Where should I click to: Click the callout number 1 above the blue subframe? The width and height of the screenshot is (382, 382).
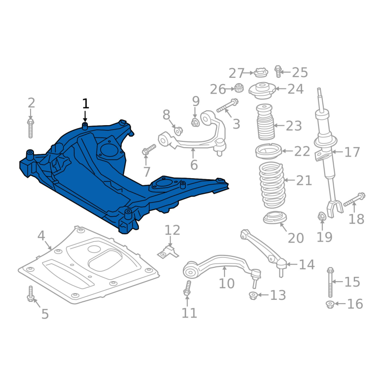(85, 104)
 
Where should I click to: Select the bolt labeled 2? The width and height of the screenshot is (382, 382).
(31, 128)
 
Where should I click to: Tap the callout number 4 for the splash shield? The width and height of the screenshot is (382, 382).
(41, 235)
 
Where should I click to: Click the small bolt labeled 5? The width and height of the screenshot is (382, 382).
(31, 294)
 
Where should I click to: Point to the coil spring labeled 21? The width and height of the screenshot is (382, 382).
(271, 185)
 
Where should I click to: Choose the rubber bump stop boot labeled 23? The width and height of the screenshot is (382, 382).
(265, 122)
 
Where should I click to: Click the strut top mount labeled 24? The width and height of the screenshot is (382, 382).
(262, 91)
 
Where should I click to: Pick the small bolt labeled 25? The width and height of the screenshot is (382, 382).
(278, 71)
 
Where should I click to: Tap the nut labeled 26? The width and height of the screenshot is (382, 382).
(239, 88)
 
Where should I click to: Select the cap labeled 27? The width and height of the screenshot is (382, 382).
(261, 73)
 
